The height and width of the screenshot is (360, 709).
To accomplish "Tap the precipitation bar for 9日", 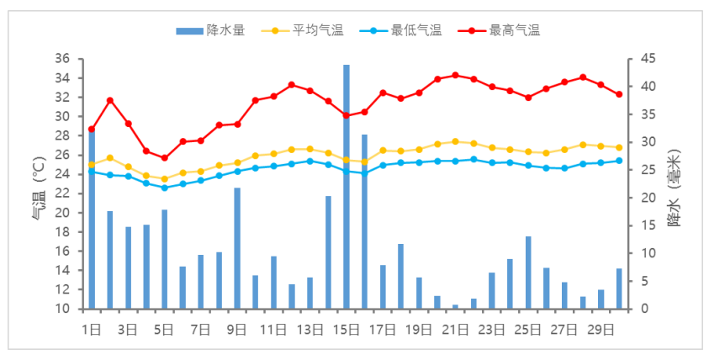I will click(x=237, y=248).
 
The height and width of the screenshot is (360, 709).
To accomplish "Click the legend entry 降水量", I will click(x=210, y=31).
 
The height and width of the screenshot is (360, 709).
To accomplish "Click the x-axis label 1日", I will click(x=91, y=328).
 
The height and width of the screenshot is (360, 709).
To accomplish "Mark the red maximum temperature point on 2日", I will click(x=109, y=101).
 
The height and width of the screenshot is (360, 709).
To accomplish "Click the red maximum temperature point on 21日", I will click(x=456, y=76).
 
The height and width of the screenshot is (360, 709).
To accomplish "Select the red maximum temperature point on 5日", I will click(x=164, y=158).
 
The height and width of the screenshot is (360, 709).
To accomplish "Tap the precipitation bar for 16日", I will click(x=364, y=221).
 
